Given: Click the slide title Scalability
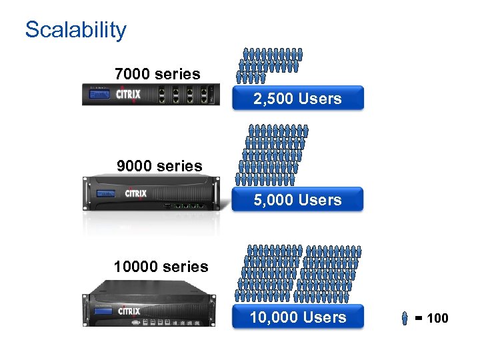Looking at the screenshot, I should tap(75, 30).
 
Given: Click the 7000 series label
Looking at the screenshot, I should tap(157, 74).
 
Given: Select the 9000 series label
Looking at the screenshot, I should tap(159, 166).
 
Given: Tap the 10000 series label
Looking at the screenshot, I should tap(161, 267).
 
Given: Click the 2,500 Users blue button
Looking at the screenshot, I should tap(297, 99).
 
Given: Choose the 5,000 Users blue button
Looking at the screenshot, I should tap(297, 200).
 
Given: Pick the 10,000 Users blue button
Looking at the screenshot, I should tap(297, 317).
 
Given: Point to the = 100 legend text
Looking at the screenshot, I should tap(431, 319).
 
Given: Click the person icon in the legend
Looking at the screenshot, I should tap(405, 319).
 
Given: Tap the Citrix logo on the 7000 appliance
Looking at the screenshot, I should tap(128, 94).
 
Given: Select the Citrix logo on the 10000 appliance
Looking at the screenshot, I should tap(129, 310).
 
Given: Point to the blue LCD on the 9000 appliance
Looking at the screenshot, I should tap(104, 194).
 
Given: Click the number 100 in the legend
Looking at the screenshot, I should tap(437, 319).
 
